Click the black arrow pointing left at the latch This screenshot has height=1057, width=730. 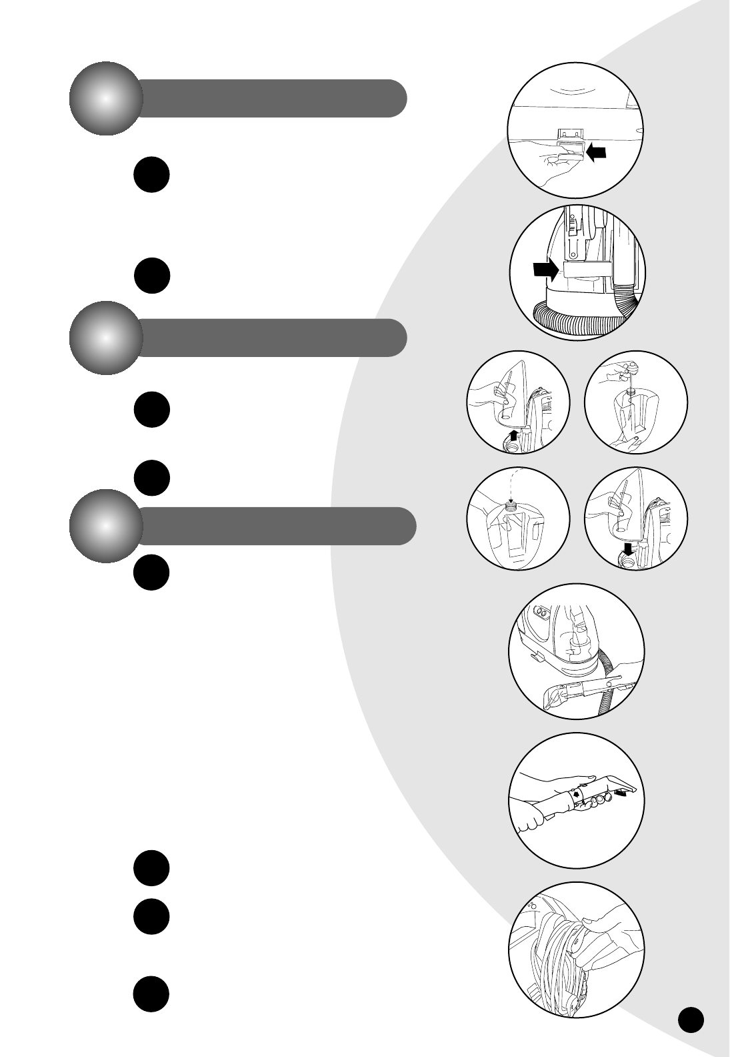(x=597, y=153)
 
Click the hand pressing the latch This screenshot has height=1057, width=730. (x=557, y=166)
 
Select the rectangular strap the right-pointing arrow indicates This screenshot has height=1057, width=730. (x=587, y=270)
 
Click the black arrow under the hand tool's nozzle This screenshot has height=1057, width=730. (x=622, y=794)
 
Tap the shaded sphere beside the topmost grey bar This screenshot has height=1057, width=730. (x=106, y=99)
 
